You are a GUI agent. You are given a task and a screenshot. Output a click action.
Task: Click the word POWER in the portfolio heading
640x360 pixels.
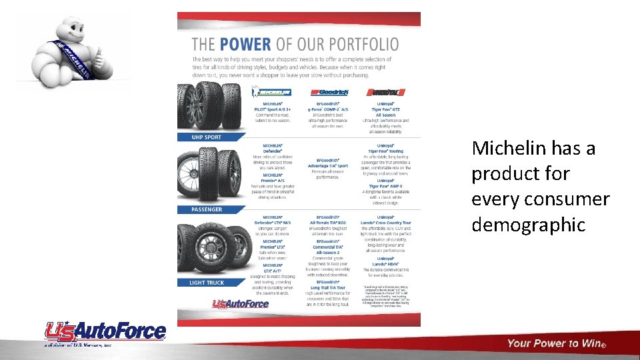(246, 45)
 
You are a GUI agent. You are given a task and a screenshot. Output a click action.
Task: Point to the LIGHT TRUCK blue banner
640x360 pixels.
(206, 283)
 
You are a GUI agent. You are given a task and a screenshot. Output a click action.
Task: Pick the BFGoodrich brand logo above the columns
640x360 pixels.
(329, 92)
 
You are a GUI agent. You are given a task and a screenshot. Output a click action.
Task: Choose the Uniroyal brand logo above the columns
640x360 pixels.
(385, 92)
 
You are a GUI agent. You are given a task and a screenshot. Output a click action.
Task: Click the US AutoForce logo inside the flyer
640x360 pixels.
(240, 304)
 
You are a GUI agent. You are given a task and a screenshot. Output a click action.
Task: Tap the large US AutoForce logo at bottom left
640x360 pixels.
(105, 331)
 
